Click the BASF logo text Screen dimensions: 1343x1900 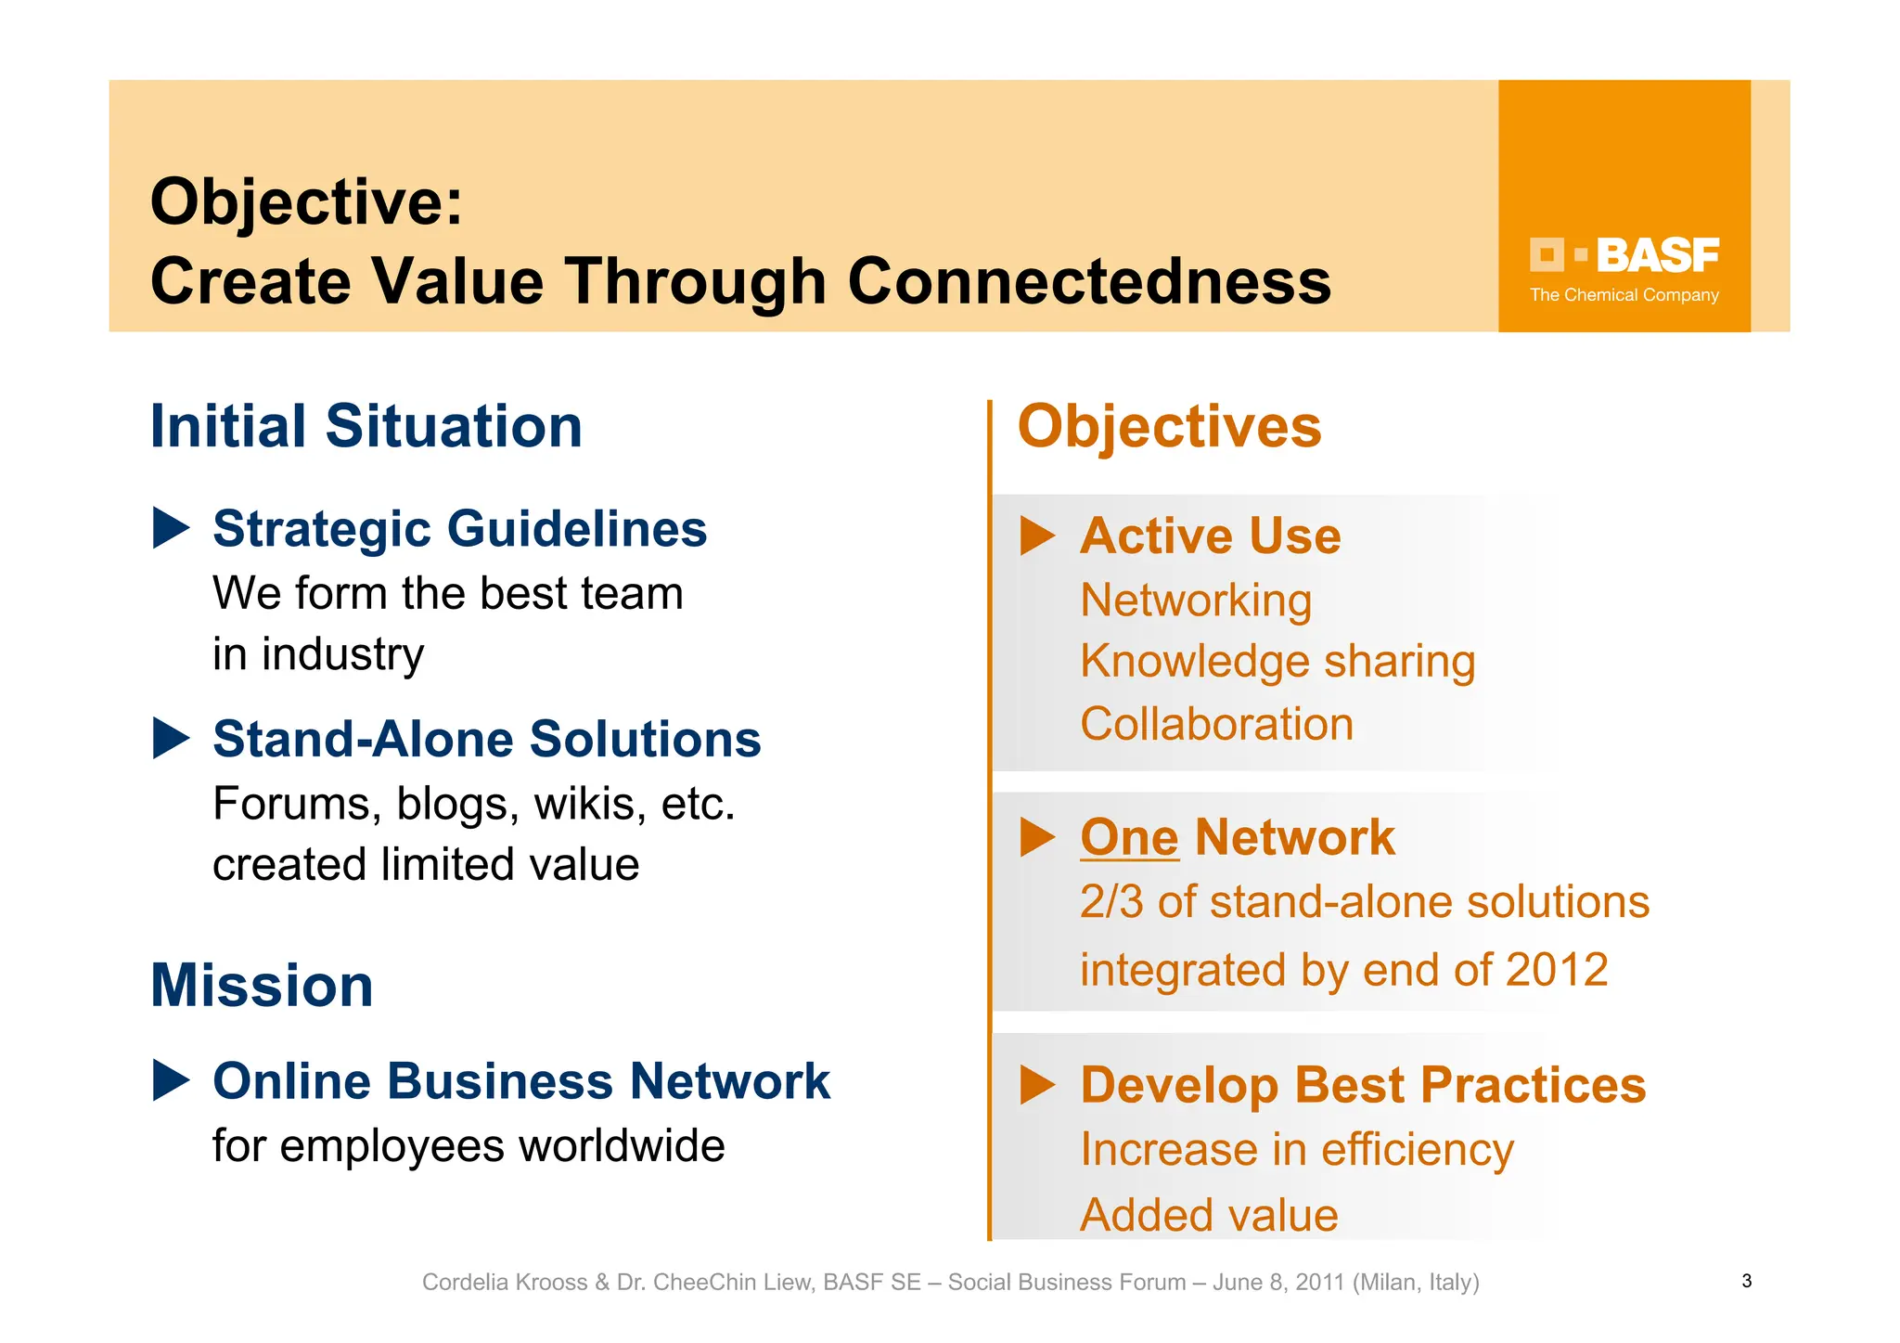click(x=1657, y=255)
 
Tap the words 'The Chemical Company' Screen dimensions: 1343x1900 click(x=1624, y=295)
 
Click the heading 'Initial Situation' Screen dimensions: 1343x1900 click(x=366, y=427)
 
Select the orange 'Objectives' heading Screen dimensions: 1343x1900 click(x=1169, y=427)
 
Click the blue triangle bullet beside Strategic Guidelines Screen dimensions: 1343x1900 click(x=170, y=528)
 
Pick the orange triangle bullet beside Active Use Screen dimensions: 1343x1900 click(x=1037, y=536)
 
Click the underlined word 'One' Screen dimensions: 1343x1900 click(x=1129, y=837)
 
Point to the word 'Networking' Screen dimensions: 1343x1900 click(x=1196, y=600)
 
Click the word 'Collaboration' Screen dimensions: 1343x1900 click(x=1216, y=724)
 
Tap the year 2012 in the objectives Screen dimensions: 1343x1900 click(x=1556, y=970)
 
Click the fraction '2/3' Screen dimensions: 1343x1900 click(x=1110, y=902)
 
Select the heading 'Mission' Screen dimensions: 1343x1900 click(x=262, y=986)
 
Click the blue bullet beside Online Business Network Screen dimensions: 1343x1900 click(x=170, y=1080)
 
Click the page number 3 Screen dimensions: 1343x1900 click(x=1746, y=1282)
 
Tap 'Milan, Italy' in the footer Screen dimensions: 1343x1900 click(x=1416, y=1283)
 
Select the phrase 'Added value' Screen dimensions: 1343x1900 click(x=1209, y=1215)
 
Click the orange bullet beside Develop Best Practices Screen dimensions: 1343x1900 click(x=1037, y=1084)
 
